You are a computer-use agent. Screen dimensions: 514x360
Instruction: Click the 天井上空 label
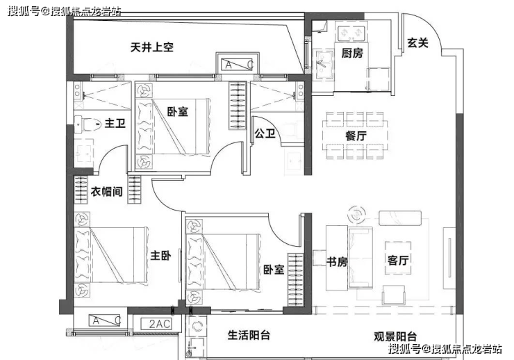pyautogui.click(x=152, y=47)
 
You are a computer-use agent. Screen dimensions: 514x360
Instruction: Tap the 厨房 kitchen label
pyautogui.click(x=352, y=53)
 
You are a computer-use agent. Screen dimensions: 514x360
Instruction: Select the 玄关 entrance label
pyautogui.click(x=417, y=42)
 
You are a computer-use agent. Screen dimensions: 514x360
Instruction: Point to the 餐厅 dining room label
pyautogui.click(x=356, y=136)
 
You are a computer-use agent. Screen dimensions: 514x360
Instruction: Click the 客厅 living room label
pyautogui.click(x=398, y=261)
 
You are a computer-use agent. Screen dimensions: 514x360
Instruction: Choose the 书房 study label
pyautogui.click(x=337, y=261)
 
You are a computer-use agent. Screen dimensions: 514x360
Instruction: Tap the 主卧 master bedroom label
pyautogui.click(x=160, y=255)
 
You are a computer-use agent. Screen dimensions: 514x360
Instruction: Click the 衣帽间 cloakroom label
pyautogui.click(x=106, y=191)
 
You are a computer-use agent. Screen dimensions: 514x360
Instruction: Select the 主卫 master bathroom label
pyautogui.click(x=115, y=123)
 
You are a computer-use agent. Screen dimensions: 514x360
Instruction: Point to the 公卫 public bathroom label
pyautogui.click(x=265, y=133)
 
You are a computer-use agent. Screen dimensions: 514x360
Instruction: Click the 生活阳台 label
pyautogui.click(x=249, y=335)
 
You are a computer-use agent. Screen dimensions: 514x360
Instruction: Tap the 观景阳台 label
pyautogui.click(x=395, y=336)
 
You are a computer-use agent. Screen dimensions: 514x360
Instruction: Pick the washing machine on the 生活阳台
pyautogui.click(x=197, y=326)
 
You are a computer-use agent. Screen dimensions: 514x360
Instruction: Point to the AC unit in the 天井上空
pyautogui.click(x=238, y=65)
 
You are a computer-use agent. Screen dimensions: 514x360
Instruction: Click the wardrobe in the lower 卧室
pyautogui.click(x=295, y=280)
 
